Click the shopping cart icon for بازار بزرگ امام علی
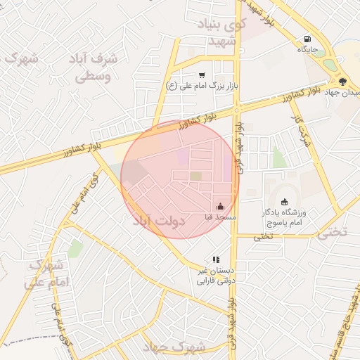pos(202,75)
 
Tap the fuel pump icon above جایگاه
pos(307,39)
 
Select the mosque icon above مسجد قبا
pos(221,207)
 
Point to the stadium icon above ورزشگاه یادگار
pos(285,202)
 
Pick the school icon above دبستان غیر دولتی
pos(216,259)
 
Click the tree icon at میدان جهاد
pos(342,82)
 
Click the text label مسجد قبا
pos(219,218)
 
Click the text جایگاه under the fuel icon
pos(308,50)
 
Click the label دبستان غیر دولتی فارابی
pos(214,276)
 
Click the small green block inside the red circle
pos(196,176)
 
